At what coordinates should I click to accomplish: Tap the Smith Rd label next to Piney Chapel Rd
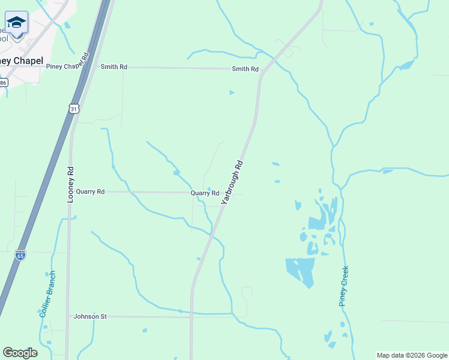[x=113, y=67]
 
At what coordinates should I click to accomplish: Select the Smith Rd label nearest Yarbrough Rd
[x=245, y=69]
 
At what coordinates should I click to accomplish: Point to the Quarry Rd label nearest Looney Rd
[x=90, y=191]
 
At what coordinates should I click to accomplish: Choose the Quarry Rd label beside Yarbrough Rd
[x=205, y=193]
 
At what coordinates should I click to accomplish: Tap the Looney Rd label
[x=70, y=184]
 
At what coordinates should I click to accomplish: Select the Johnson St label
[x=89, y=316]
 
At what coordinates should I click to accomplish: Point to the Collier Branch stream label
[x=47, y=294]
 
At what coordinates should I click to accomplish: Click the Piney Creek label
[x=343, y=286]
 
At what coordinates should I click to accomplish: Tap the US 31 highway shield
[x=73, y=109]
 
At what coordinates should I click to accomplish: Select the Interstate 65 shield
[x=20, y=255]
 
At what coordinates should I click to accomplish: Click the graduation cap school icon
[x=16, y=23]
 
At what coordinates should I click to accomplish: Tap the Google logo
[x=20, y=353]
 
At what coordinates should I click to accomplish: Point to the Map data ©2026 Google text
[x=412, y=355]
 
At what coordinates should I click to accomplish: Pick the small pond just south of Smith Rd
[x=231, y=92]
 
